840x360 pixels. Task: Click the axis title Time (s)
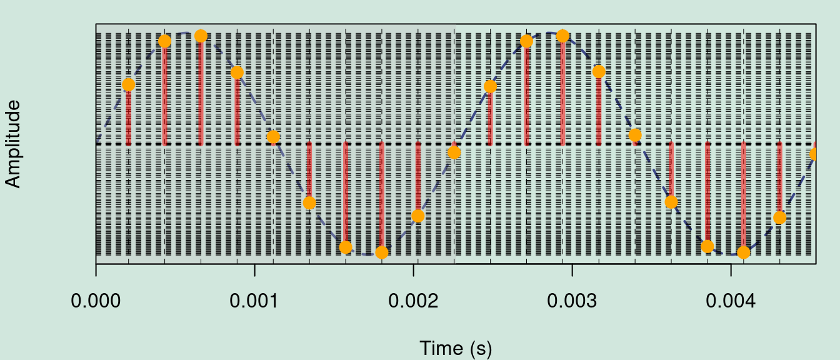pos(456,348)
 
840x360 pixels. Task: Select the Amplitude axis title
pos(13,144)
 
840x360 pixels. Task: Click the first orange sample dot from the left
pos(128,84)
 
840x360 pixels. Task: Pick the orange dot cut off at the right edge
pos(814,154)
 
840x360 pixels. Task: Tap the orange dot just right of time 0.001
pos(273,137)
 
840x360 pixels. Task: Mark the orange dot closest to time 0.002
pos(418,216)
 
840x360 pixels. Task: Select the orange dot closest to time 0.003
pos(562,36)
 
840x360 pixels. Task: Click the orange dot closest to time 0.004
pos(743,252)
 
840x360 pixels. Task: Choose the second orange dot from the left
pos(164,41)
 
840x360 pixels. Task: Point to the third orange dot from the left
pos(201,36)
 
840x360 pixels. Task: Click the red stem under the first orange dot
pos(128,116)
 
